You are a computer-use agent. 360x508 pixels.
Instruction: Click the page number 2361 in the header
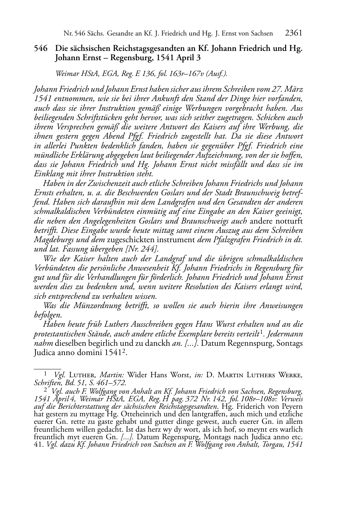(293, 33)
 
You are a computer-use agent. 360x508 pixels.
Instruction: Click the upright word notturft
(289, 221)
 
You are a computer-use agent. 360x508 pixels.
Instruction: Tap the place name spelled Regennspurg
(250, 343)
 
